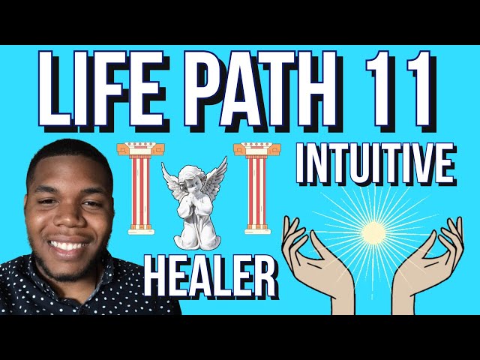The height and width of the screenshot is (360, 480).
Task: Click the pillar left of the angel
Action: point(137,187)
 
